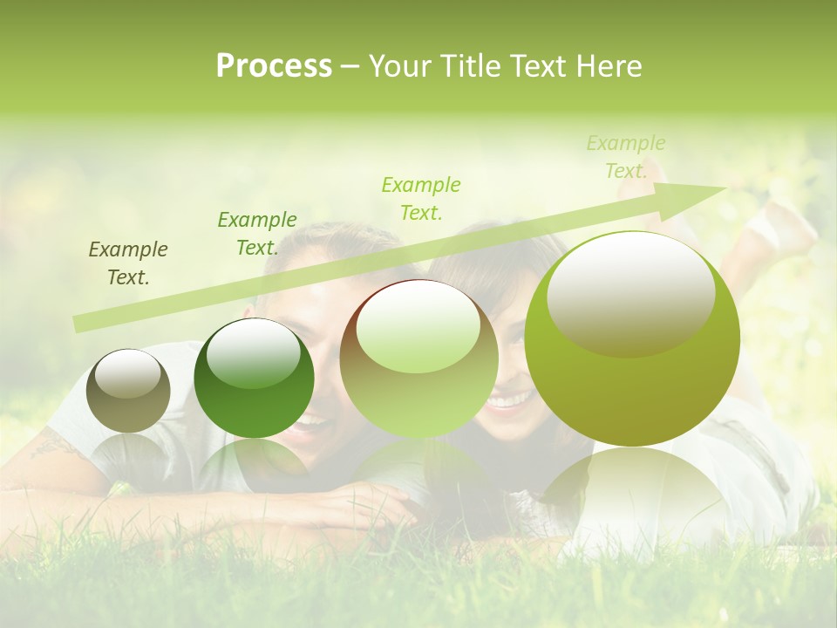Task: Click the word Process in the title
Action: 274,66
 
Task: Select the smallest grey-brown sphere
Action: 128,392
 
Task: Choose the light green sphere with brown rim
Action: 418,359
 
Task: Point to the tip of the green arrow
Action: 724,188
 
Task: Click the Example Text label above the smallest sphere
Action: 128,263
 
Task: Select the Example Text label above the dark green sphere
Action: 256,234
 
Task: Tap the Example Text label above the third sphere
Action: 421,198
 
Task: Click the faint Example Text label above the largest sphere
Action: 626,157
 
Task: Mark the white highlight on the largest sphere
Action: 630,292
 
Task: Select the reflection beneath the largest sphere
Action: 632,497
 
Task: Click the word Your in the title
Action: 399,66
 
